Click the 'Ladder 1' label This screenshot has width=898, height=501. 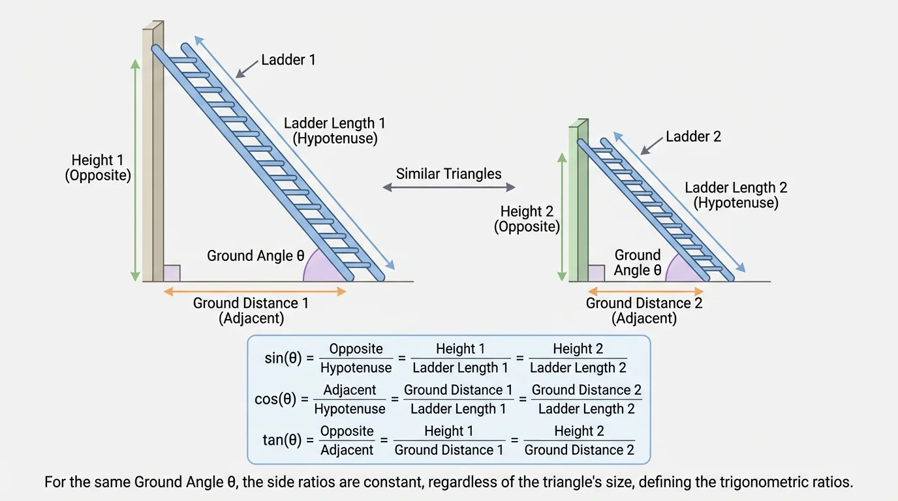coord(288,60)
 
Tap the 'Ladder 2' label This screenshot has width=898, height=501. coord(693,137)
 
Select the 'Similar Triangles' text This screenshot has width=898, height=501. coord(448,174)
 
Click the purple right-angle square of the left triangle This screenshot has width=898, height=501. coord(172,273)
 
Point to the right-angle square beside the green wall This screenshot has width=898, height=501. coord(596,273)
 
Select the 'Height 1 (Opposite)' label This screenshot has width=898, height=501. coord(98,168)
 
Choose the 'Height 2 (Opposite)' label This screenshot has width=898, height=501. coord(527,219)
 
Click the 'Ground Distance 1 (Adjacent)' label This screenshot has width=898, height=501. coord(251,311)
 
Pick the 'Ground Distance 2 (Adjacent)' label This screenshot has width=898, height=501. coord(644,311)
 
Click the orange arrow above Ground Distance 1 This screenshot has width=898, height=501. coord(255,292)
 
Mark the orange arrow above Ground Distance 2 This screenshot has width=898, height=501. coord(645,292)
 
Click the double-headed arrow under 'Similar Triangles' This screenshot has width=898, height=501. coord(448,187)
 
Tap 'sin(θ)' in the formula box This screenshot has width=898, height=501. coord(283,358)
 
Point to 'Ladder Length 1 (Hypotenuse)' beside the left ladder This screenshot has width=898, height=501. coord(335,130)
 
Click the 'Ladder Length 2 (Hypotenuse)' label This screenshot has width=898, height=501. coord(735,195)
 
